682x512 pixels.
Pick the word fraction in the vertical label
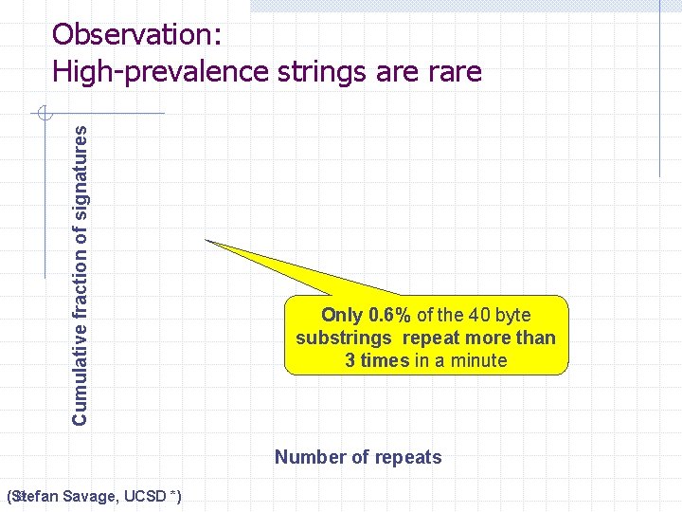[x=81, y=282]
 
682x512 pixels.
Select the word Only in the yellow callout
[x=342, y=315]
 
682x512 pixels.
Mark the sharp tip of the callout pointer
[x=206, y=241]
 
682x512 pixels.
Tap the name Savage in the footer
[x=91, y=497]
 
